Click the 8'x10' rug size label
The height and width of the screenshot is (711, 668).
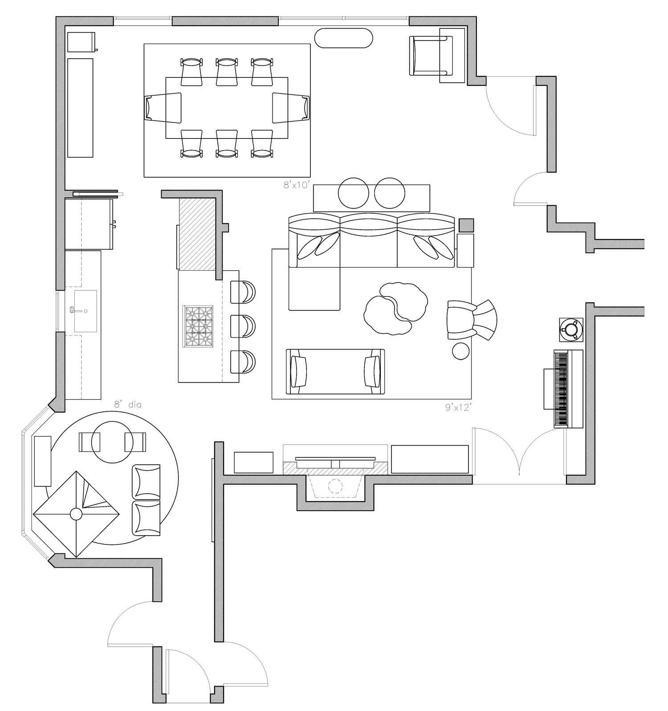[296, 185]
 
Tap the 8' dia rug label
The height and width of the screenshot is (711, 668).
[128, 405]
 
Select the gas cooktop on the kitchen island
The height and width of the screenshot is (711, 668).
[198, 326]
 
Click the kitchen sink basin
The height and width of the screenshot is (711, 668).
[86, 311]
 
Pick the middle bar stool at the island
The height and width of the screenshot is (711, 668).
[243, 326]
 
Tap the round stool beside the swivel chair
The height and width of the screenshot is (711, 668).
[460, 350]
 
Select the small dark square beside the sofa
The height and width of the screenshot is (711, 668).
[466, 225]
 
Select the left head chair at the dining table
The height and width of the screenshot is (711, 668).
[163, 107]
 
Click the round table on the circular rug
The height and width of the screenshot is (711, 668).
[108, 442]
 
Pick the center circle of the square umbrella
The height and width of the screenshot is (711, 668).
[76, 514]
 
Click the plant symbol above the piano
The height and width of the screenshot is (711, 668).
[571, 329]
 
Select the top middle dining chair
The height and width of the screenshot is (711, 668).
[227, 71]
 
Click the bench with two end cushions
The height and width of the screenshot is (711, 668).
[335, 372]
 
